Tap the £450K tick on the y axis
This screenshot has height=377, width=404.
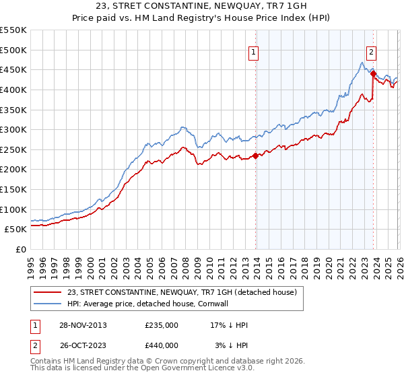point(13,69)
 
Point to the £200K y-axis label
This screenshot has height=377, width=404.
point(13,169)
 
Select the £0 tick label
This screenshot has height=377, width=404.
point(20,249)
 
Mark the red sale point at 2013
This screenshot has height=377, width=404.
point(255,156)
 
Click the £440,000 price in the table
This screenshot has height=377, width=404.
point(161,345)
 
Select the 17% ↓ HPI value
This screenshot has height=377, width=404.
point(230,325)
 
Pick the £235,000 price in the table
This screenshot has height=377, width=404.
point(161,325)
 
